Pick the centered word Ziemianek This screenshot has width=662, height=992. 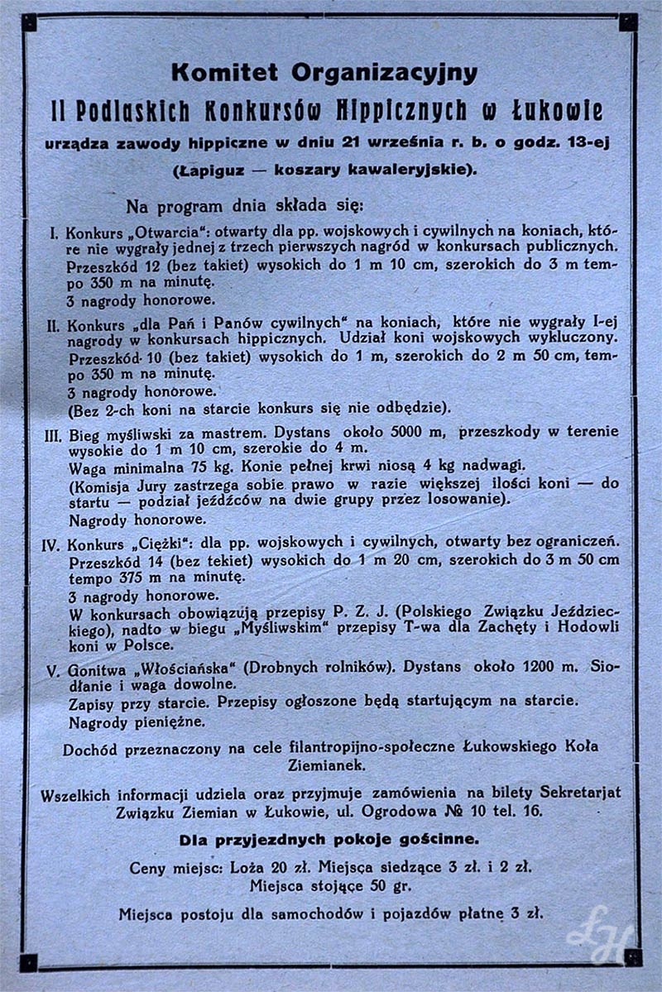pyautogui.click(x=331, y=766)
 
